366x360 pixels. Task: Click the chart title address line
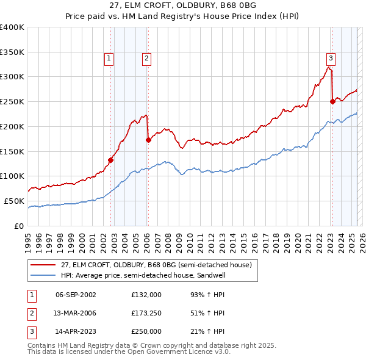pyautogui.click(x=182, y=5)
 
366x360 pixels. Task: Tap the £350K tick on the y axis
pyautogui.click(x=12, y=52)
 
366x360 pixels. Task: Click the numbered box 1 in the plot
pyautogui.click(x=109, y=59)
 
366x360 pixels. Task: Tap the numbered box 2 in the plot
pyautogui.click(x=147, y=59)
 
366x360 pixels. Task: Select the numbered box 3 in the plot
pyautogui.click(x=331, y=59)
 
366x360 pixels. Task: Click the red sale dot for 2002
pyautogui.click(x=110, y=160)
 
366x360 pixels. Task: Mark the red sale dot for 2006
pyautogui.click(x=148, y=140)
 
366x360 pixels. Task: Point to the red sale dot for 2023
pyautogui.click(x=332, y=102)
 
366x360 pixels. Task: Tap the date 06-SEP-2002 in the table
pyautogui.click(x=76, y=295)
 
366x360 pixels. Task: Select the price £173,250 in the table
pyautogui.click(x=146, y=314)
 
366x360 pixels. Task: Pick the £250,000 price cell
pyautogui.click(x=146, y=332)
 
